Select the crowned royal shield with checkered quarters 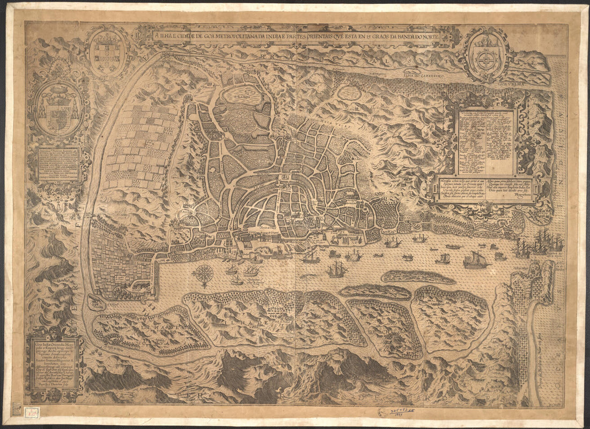pos(107,52)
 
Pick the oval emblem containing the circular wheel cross pos(486,55)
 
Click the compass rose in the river pos(203,273)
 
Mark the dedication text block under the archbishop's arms pos(58,164)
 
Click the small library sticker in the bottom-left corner pos(17,410)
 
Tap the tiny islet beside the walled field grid pos(97,302)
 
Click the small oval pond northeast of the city pos(349,93)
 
